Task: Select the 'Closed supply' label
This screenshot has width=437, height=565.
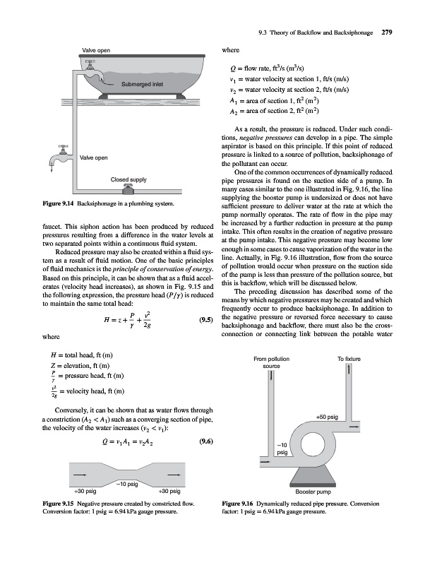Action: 128,179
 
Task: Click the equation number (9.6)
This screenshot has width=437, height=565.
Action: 207,443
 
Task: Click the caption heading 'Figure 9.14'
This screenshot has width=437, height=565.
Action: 37,205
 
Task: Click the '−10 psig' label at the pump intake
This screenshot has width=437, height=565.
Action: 282,447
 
